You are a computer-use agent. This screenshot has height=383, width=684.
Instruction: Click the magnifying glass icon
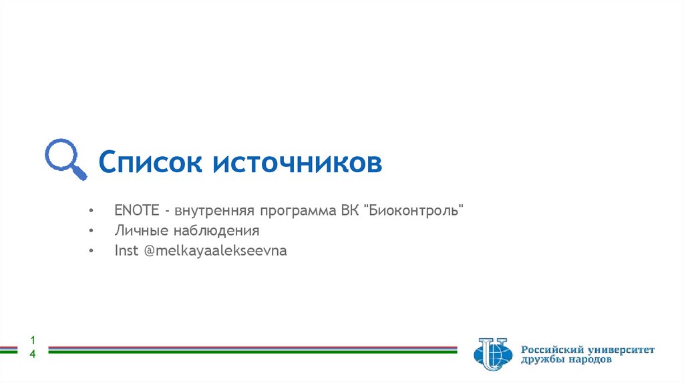tap(65, 159)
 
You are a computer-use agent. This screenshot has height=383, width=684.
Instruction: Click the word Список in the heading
tap(150, 162)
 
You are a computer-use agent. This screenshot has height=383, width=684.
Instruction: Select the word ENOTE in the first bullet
tap(136, 211)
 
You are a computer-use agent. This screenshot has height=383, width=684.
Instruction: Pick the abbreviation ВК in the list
tap(349, 211)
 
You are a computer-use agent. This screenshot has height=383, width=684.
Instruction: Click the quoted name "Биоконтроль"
tap(413, 211)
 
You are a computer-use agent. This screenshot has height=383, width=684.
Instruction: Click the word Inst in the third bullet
tap(126, 252)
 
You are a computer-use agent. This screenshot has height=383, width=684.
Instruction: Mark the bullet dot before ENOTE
tap(90, 211)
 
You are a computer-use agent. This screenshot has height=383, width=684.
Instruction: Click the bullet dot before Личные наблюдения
tap(90, 232)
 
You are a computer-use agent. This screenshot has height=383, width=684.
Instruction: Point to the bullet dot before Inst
tap(90, 252)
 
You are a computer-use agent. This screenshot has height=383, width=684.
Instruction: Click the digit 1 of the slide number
tap(32, 340)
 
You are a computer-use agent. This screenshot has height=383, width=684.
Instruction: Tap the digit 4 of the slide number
tap(32, 354)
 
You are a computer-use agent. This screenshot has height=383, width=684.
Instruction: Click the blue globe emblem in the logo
tap(492, 354)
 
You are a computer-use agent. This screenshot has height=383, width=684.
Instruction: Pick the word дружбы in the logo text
tap(542, 360)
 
